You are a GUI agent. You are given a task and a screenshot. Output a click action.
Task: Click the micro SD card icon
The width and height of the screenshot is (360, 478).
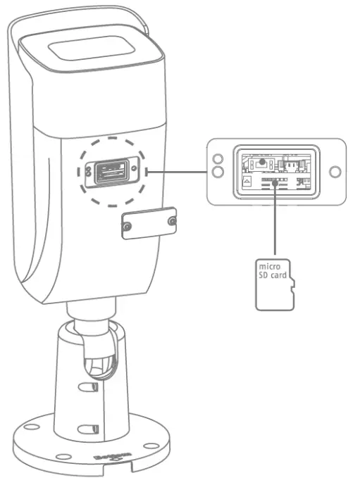[x=273, y=284]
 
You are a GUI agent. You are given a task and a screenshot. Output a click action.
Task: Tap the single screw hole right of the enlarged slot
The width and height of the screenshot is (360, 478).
[x=335, y=171]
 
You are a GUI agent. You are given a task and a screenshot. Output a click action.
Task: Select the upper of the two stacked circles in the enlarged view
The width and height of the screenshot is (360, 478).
[x=218, y=159]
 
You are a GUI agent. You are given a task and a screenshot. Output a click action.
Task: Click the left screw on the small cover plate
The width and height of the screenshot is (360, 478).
[x=128, y=227]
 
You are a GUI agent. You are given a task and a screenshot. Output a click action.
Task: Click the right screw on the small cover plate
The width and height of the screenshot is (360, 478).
[x=173, y=222]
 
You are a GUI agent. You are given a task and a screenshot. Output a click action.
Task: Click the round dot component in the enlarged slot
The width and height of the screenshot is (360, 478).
[x=262, y=161]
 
